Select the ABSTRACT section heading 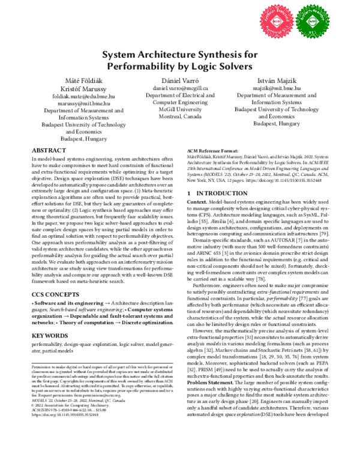pos(49,150)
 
